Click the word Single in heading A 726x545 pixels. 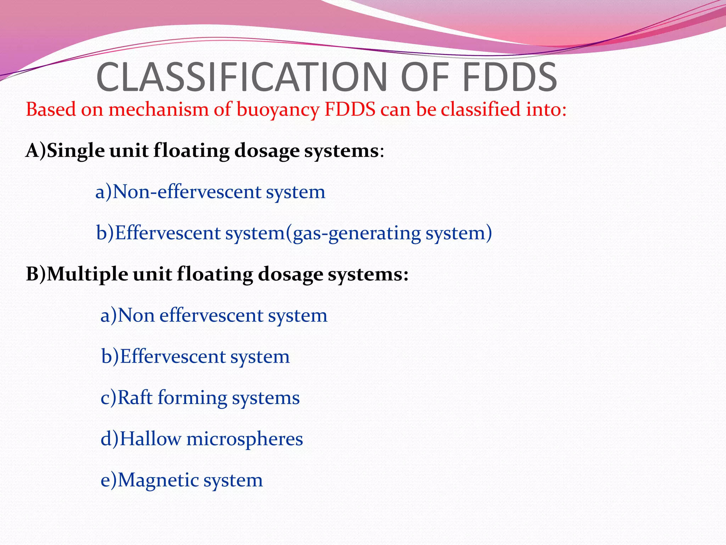[76, 151]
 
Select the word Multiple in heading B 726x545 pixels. [87, 275]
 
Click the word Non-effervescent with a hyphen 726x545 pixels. [187, 192]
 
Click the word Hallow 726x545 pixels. [150, 439]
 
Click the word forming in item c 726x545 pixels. [192, 398]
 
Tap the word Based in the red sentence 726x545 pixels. [51, 109]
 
